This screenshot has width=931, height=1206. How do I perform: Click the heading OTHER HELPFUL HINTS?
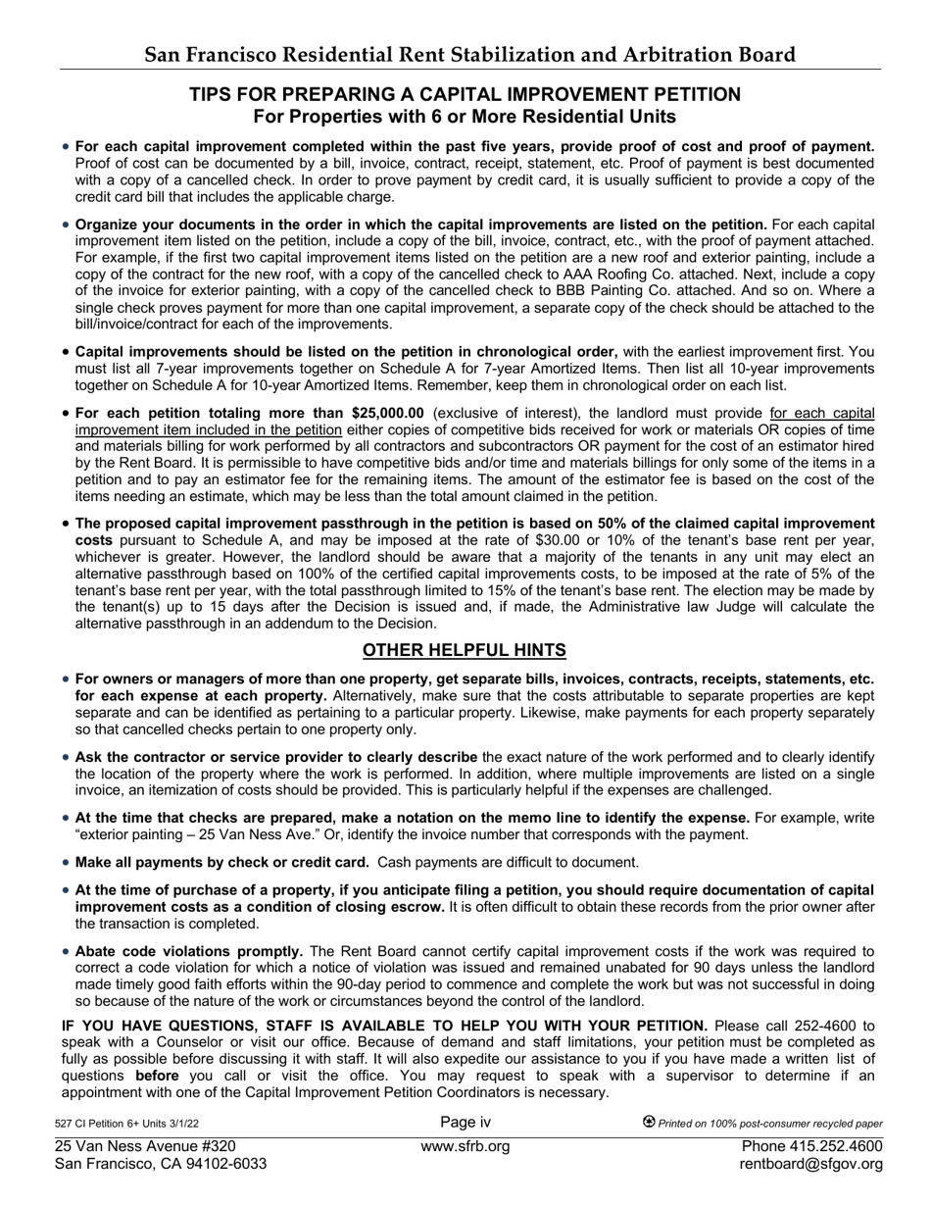point(465,651)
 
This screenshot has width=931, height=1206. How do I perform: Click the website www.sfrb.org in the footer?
point(465,1146)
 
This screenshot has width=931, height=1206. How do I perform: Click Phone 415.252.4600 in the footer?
point(811,1146)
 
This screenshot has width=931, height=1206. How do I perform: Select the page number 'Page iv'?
point(465,1123)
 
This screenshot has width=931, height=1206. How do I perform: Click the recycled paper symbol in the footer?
point(649,1123)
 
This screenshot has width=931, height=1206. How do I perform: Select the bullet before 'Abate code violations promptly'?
point(66,952)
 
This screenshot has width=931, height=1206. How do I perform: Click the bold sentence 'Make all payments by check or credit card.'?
point(222,863)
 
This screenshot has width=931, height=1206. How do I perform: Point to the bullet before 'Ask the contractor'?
point(66,758)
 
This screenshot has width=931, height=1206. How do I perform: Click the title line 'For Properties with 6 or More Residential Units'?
point(465,118)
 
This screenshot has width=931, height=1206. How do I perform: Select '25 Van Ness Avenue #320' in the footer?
point(145,1146)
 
